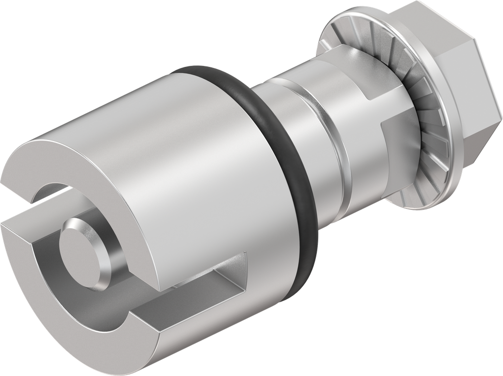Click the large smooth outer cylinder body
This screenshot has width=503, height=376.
(x=196, y=162)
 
